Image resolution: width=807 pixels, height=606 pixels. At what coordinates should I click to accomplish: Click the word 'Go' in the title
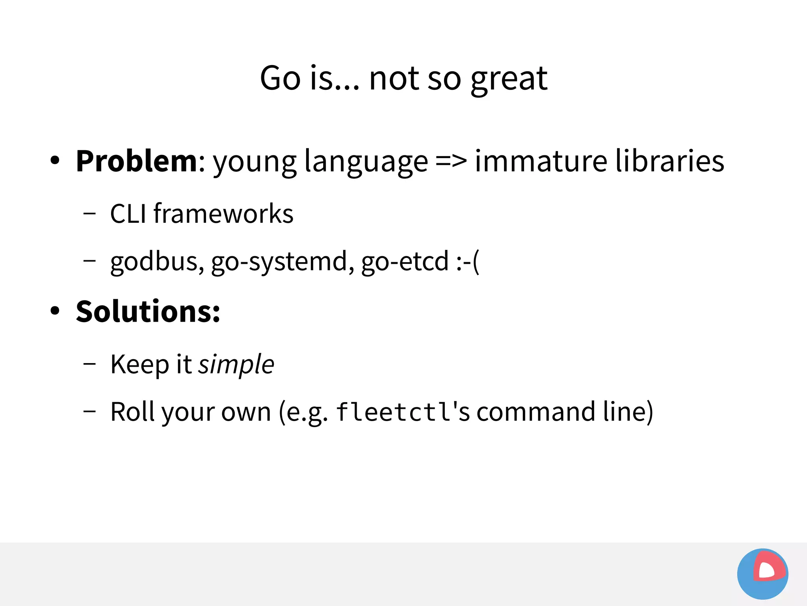[x=280, y=78]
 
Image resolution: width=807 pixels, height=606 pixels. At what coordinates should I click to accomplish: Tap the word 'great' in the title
[x=509, y=79]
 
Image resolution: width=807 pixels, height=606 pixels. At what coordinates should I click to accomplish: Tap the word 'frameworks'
[x=223, y=214]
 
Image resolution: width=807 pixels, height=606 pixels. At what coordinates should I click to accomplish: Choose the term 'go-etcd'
[x=405, y=261]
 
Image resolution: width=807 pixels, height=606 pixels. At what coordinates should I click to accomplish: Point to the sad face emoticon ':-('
[x=468, y=261]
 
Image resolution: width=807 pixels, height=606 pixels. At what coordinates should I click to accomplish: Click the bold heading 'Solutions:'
[x=148, y=311]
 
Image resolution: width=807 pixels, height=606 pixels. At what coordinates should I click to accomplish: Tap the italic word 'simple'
[x=236, y=364]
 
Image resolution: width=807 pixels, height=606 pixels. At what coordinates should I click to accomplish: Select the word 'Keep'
[x=140, y=364]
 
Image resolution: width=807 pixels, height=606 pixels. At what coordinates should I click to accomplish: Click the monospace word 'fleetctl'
[x=394, y=412]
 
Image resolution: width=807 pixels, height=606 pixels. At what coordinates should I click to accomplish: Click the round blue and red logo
[x=762, y=574]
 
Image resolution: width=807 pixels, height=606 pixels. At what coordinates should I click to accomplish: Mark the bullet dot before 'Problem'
[x=55, y=161]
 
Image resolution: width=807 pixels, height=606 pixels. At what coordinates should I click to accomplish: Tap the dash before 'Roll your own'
[x=89, y=411]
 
